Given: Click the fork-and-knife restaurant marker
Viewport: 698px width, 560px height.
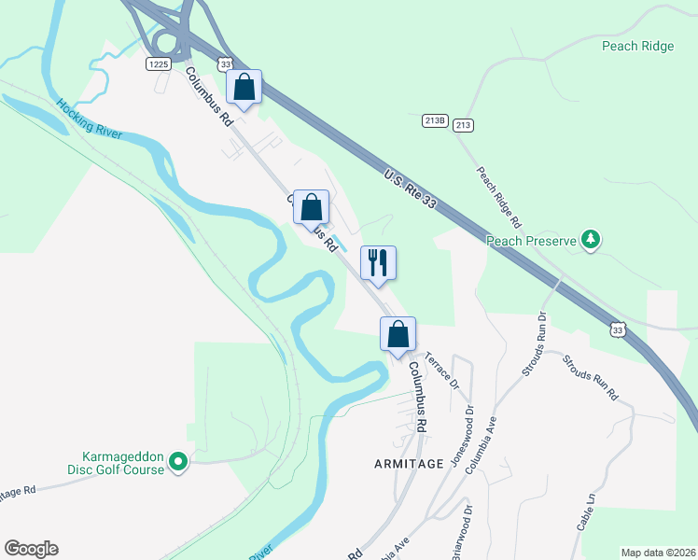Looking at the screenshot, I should click(x=378, y=261).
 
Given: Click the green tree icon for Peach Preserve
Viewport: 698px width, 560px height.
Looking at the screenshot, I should click(x=590, y=240).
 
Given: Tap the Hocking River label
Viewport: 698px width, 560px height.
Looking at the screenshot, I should click(x=89, y=119).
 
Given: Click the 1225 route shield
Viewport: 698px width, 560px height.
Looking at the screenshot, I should click(x=157, y=63).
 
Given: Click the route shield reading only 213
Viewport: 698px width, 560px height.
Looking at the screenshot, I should click(x=464, y=125).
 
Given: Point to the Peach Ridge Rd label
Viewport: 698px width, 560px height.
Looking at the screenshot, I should click(x=498, y=198).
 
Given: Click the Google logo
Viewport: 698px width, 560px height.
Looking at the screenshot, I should click(x=31, y=549).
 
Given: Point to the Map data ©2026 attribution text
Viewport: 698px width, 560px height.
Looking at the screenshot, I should click(x=657, y=553).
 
